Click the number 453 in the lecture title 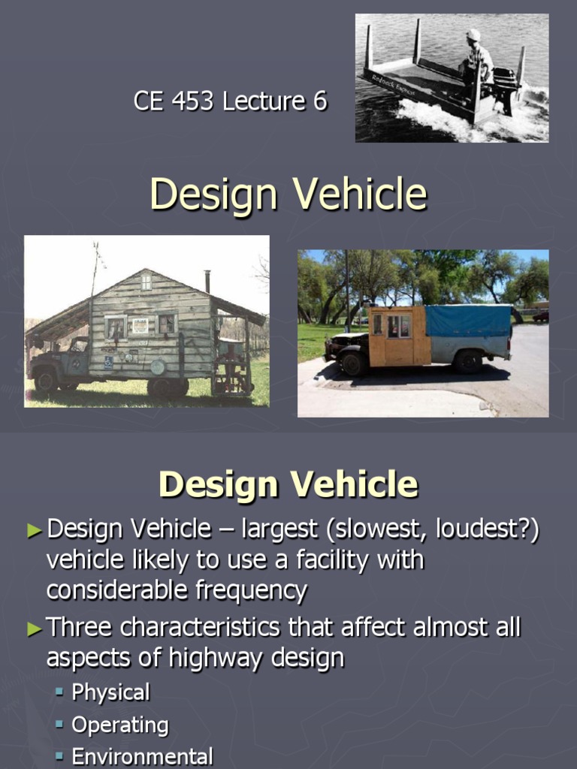coord(199,101)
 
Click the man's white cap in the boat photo coord(473,35)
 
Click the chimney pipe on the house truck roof coord(207,281)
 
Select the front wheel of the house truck coord(46,380)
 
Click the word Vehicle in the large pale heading coord(360,195)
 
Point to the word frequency coord(252,590)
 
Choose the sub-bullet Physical coord(110,692)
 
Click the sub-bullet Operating coord(119,725)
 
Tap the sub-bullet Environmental coord(142,756)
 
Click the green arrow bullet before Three coord(34,629)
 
